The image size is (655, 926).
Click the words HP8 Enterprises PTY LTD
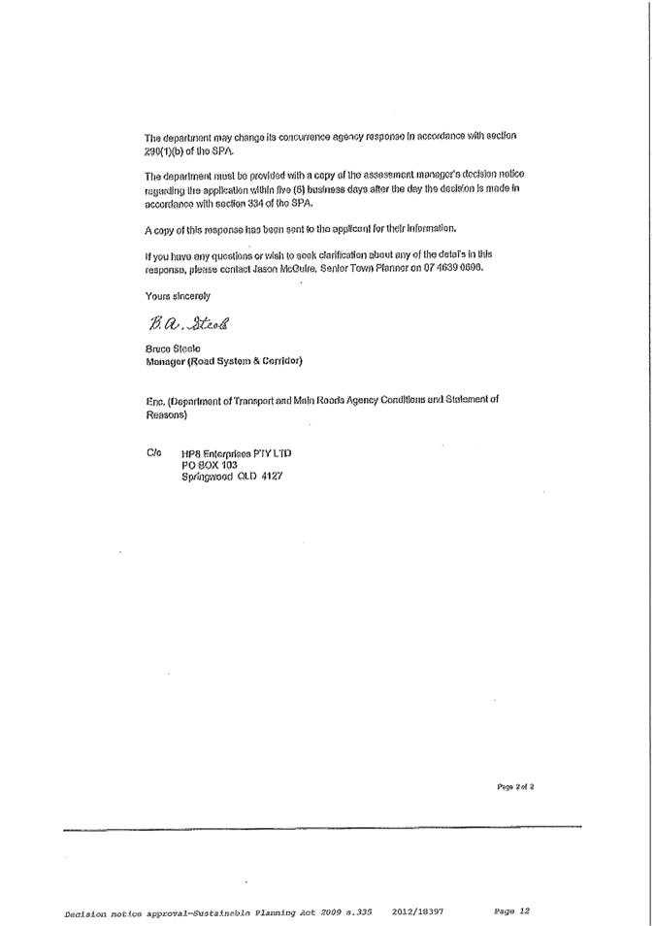236,453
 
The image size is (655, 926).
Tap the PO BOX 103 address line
210,465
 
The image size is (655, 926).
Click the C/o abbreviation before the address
153,453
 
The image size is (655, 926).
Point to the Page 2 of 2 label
514,786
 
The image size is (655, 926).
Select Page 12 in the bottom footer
512,911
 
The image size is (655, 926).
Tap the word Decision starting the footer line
85,912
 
